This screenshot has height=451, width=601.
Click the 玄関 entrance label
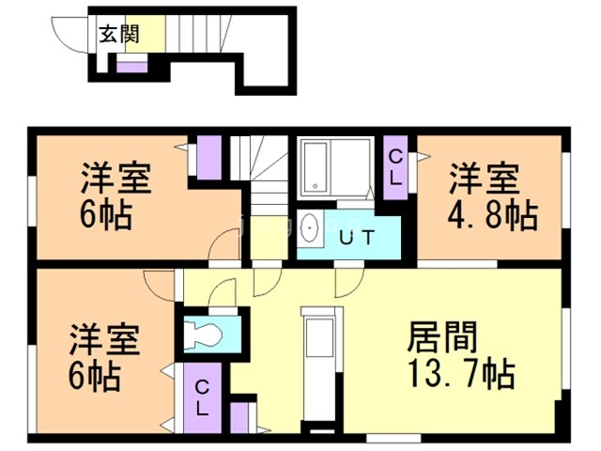(119, 36)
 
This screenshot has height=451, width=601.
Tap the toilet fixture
(203, 334)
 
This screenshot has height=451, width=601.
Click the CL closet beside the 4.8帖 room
(396, 167)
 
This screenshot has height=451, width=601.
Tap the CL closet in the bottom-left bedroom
(202, 397)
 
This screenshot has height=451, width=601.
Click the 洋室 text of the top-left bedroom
(116, 177)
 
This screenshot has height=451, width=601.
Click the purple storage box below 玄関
(131, 66)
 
